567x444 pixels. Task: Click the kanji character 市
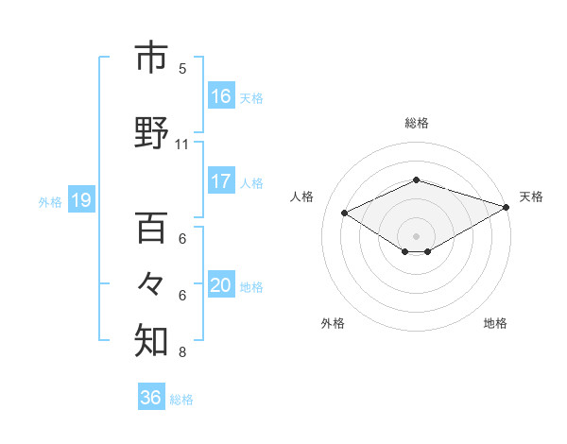click(x=151, y=58)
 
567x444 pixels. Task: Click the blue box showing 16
click(x=220, y=96)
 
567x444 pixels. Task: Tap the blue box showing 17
click(x=220, y=181)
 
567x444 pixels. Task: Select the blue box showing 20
click(x=220, y=285)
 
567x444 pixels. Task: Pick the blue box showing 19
click(x=80, y=200)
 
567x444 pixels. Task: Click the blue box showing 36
click(x=151, y=398)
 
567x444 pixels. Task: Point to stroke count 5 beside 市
click(x=182, y=68)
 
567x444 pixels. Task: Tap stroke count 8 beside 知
click(x=182, y=352)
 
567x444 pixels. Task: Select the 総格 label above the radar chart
click(x=417, y=123)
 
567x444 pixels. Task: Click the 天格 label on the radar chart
click(x=531, y=196)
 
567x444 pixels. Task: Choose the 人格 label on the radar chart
click(x=302, y=196)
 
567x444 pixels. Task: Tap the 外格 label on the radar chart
click(x=333, y=323)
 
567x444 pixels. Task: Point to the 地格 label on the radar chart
click(x=495, y=323)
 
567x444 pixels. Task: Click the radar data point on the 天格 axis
click(x=507, y=206)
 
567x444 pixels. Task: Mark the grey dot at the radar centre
click(x=416, y=234)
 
